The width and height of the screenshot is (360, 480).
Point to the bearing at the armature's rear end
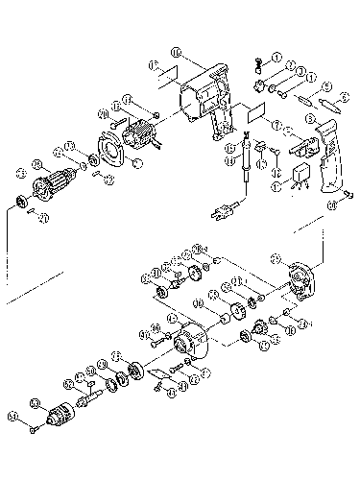click(x=18, y=204)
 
